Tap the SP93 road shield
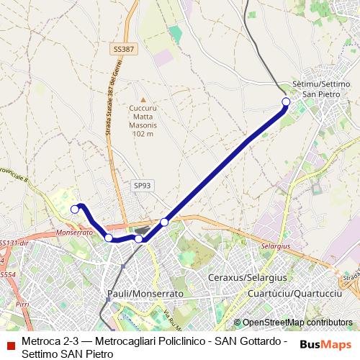pyautogui.click(x=141, y=185)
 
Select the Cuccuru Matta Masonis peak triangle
pyautogui.click(x=143, y=100)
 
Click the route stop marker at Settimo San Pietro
pyautogui.click(x=286, y=102)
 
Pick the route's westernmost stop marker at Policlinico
pyautogui.click(x=74, y=209)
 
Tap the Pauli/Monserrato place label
pyautogui.click(x=145, y=294)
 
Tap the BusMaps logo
pyautogui.click(x=326, y=344)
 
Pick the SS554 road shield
pyautogui.click(x=6, y=274)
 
